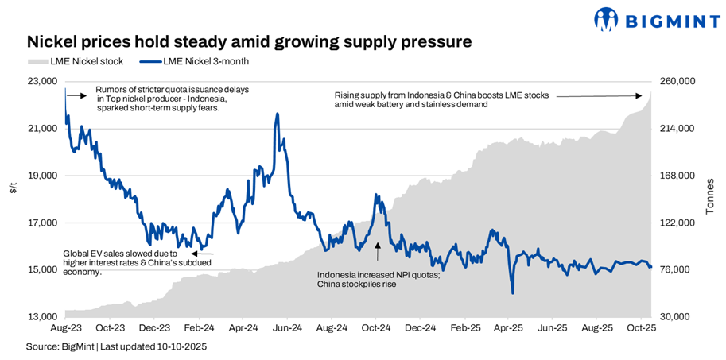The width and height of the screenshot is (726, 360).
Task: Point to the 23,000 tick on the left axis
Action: (x=42, y=81)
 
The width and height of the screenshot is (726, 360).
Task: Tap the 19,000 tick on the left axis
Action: (x=42, y=176)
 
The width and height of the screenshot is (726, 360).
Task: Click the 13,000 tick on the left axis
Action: (x=42, y=317)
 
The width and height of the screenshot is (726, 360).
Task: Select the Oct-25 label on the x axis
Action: (x=641, y=327)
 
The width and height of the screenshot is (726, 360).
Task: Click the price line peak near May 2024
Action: (x=277, y=114)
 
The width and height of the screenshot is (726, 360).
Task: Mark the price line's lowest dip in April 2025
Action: (x=512, y=293)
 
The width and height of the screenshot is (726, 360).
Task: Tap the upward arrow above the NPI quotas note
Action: (x=378, y=250)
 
